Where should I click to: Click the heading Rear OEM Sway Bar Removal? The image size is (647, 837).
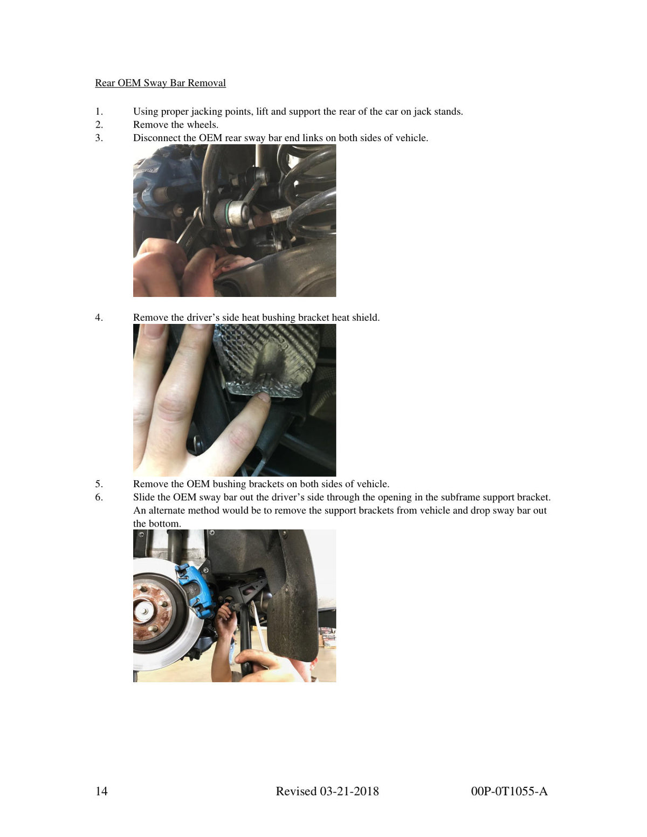[160, 83]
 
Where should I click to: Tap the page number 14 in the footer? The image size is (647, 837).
[101, 791]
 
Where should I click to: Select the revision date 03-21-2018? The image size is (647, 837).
[349, 791]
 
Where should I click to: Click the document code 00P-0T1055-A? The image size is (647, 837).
[509, 791]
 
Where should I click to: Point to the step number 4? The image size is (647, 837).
[99, 317]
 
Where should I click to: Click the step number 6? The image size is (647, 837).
[99, 497]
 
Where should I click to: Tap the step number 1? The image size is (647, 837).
[99, 112]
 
